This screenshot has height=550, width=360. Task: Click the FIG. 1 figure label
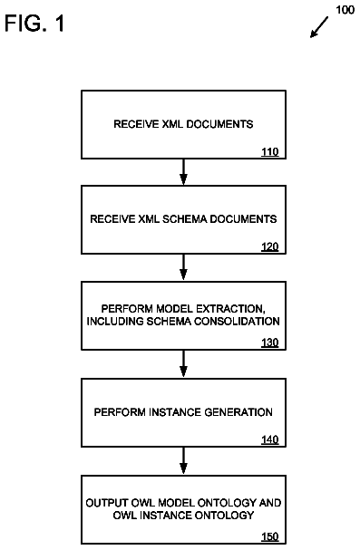pos(34,24)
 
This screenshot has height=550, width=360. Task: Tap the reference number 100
pos(345,9)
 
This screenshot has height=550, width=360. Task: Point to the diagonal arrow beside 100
pos(319,27)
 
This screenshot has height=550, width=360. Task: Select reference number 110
pos(270,151)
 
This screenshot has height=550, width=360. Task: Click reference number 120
pos(270,246)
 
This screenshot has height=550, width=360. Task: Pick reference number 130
pos(270,343)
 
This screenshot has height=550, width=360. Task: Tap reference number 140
pos(270,439)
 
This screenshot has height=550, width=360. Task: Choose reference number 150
pos(270,536)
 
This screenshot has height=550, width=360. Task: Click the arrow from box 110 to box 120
pos(183,172)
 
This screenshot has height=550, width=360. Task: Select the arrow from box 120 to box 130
pos(183,267)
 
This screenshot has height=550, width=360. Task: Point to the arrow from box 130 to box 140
pos(183,363)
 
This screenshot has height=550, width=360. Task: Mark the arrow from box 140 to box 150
pos(183,461)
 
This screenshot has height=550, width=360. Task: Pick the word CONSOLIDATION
pos(237,322)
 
